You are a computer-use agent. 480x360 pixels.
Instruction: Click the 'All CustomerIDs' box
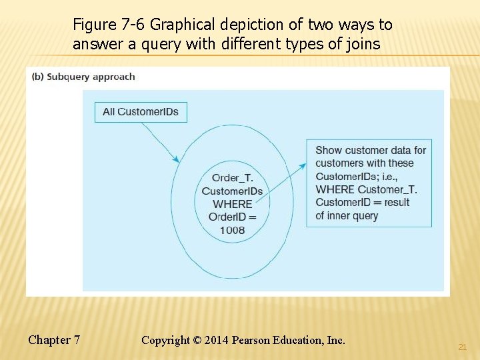pyautogui.click(x=141, y=112)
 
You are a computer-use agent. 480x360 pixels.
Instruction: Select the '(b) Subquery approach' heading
pyautogui.click(x=83, y=77)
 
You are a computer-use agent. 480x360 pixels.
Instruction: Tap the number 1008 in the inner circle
pyautogui.click(x=232, y=230)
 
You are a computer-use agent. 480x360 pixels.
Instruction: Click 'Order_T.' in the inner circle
pyautogui.click(x=232, y=177)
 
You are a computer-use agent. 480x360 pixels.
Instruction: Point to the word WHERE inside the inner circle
pyautogui.click(x=232, y=204)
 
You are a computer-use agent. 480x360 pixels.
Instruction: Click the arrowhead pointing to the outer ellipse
pyautogui.click(x=177, y=159)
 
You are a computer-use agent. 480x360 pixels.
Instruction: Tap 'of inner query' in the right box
pyautogui.click(x=347, y=215)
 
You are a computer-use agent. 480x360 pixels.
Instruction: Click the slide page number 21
pyautogui.click(x=462, y=347)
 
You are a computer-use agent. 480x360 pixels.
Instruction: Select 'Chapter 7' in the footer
pyautogui.click(x=54, y=340)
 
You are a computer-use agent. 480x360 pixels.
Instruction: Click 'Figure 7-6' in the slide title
pyautogui.click(x=109, y=25)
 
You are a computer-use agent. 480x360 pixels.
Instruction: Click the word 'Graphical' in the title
pyautogui.click(x=182, y=25)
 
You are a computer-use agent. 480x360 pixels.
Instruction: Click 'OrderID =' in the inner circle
pyautogui.click(x=232, y=217)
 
